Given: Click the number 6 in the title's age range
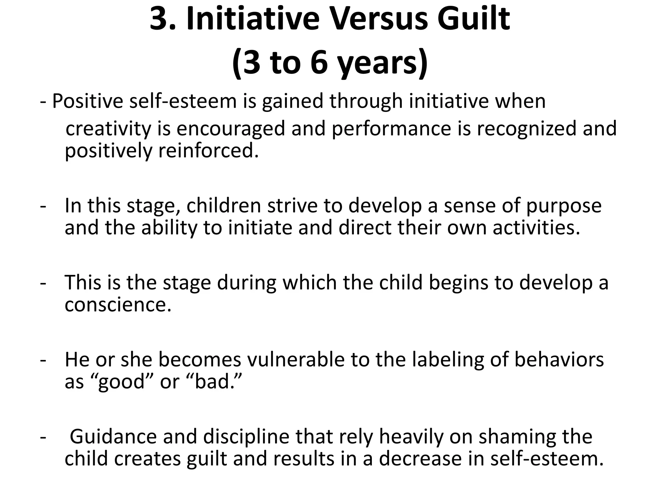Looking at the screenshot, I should click(x=322, y=63).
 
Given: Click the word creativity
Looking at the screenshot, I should click(x=108, y=129).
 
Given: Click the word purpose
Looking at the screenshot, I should click(x=564, y=206).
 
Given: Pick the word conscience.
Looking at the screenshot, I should click(x=118, y=305).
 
